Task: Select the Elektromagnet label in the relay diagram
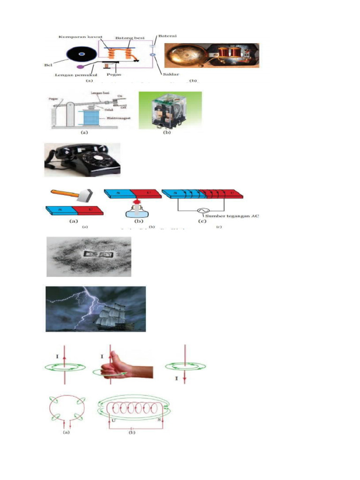point(114,119)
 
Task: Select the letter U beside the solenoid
point(114,407)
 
